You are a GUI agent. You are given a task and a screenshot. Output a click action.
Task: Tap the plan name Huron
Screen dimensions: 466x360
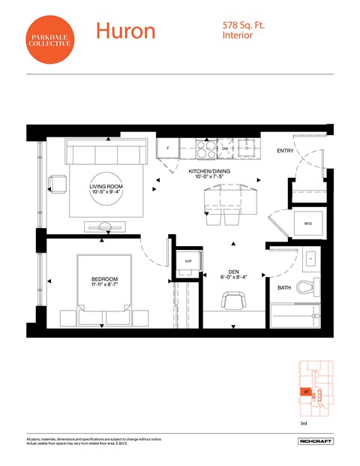point(125,31)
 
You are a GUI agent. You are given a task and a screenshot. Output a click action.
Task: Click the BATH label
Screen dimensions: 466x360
point(284,287)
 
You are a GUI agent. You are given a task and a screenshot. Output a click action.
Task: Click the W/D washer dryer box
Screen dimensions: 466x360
point(307,224)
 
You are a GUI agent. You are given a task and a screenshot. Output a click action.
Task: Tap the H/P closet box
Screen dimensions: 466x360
point(188,261)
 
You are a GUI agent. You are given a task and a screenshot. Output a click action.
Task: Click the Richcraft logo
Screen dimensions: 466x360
point(314,441)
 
